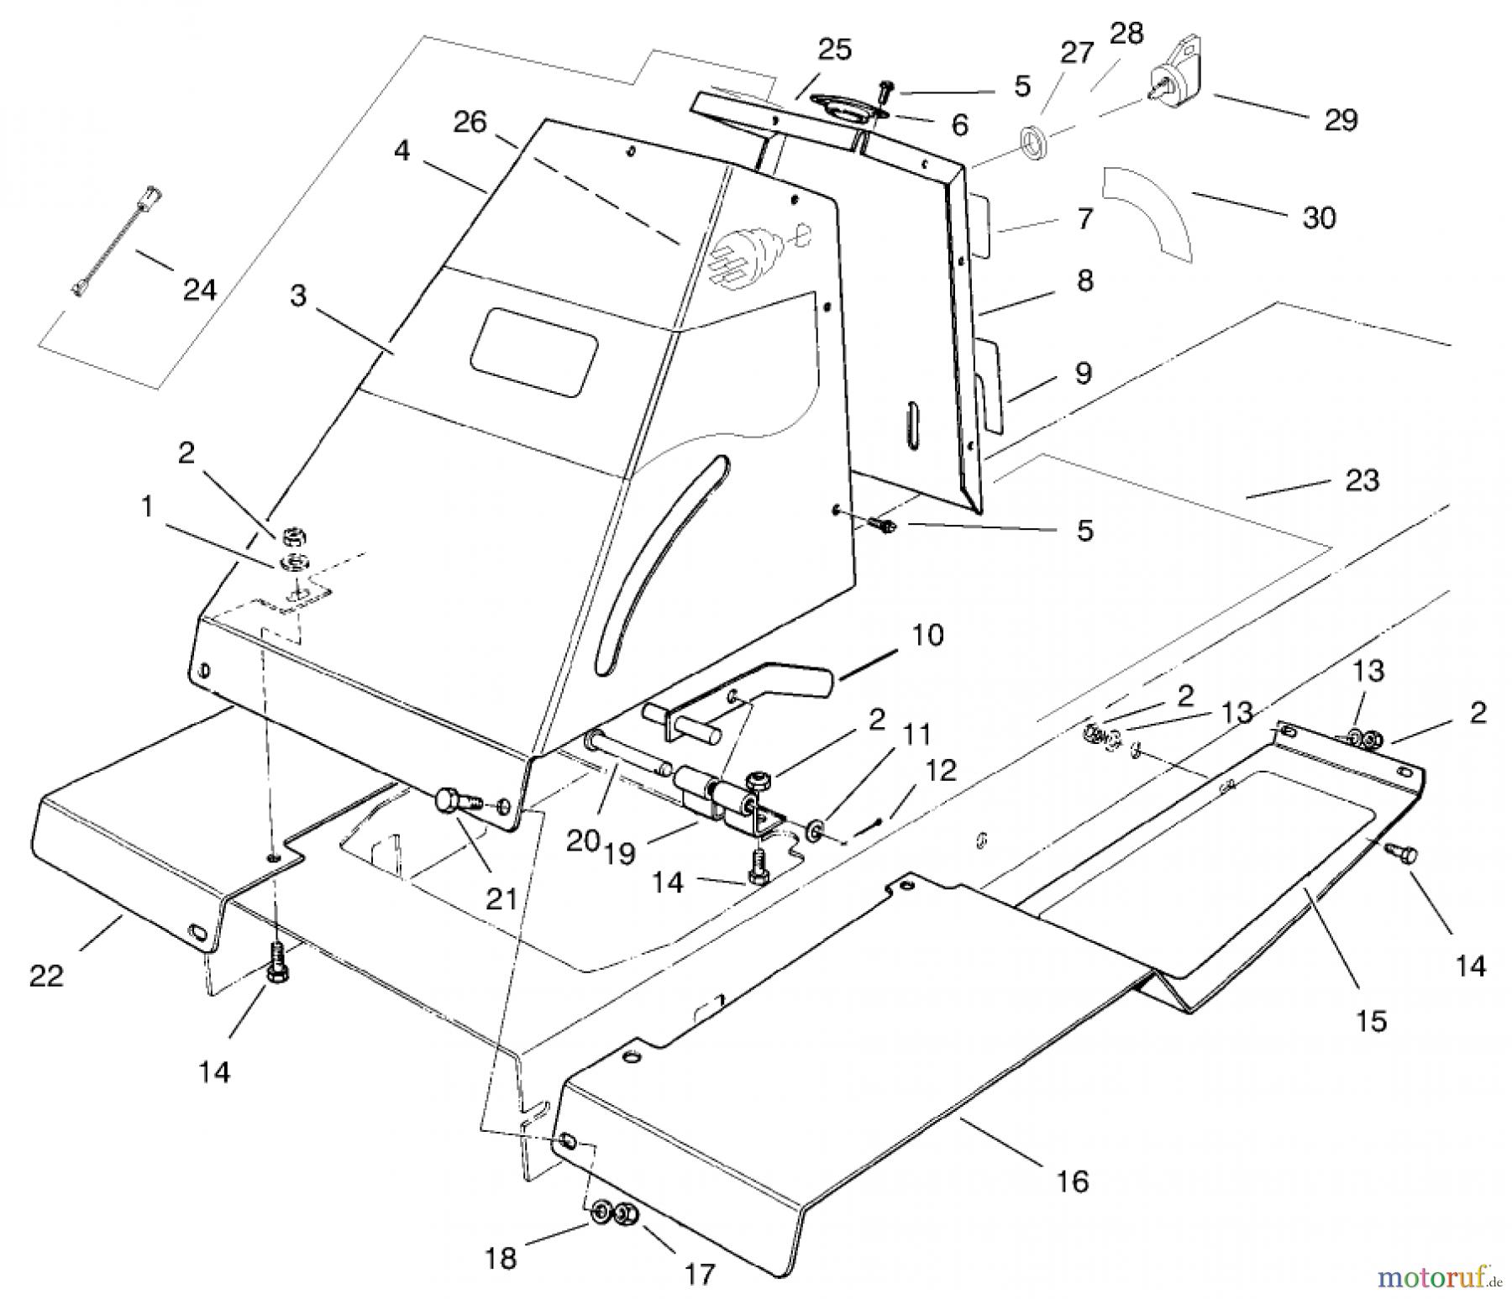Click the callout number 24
pyautogui.click(x=199, y=290)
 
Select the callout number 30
pyautogui.click(x=1318, y=217)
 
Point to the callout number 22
pyautogui.click(x=46, y=976)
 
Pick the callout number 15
pyautogui.click(x=1371, y=1021)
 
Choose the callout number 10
pyautogui.click(x=927, y=635)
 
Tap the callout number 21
pyautogui.click(x=501, y=898)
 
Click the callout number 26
pyautogui.click(x=470, y=123)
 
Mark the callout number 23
pyautogui.click(x=1362, y=480)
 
